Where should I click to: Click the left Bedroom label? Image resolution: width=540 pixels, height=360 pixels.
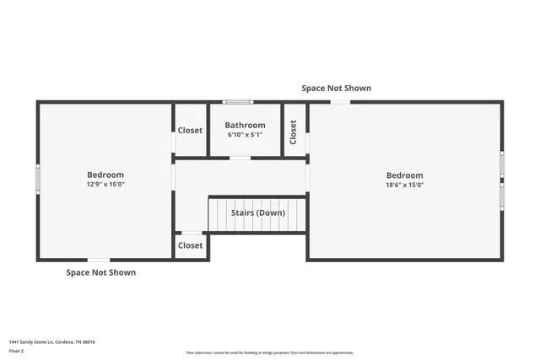(x=105, y=175)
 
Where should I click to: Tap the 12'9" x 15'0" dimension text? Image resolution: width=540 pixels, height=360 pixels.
(x=105, y=184)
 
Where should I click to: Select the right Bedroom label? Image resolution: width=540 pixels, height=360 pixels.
(x=404, y=175)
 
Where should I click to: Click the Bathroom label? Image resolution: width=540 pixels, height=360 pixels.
(x=245, y=126)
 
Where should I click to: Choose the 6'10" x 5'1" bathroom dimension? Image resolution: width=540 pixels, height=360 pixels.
(x=245, y=135)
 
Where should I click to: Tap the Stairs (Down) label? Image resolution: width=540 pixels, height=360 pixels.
(x=258, y=212)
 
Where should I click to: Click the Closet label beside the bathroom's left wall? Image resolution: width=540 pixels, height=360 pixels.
(x=190, y=130)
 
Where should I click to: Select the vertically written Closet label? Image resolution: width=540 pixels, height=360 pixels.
(x=294, y=132)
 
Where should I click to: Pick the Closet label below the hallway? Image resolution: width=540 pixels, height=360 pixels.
(x=190, y=245)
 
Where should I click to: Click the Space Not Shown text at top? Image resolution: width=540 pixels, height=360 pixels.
(x=337, y=88)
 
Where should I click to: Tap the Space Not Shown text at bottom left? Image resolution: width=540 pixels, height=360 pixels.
(x=101, y=272)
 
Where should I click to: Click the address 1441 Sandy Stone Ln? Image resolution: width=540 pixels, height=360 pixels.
(x=51, y=341)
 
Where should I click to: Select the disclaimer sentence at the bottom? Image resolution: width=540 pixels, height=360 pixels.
(x=270, y=352)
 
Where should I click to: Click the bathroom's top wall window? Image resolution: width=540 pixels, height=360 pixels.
(x=237, y=102)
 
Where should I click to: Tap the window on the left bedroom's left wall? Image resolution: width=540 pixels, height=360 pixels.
(x=37, y=179)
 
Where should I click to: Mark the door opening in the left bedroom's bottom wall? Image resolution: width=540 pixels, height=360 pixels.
(x=99, y=259)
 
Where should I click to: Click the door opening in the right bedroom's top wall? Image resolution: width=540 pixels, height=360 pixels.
(x=340, y=102)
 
